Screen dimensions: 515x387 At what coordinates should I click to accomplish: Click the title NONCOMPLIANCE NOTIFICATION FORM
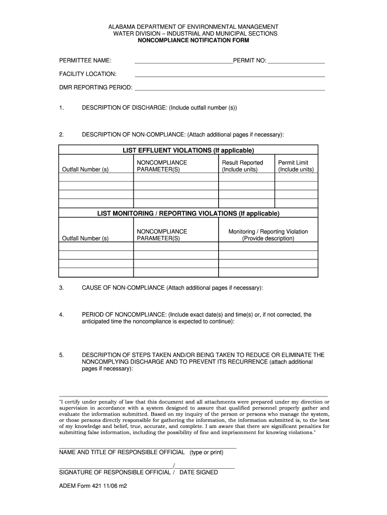click(193, 40)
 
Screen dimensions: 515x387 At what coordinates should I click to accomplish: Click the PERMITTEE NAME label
click(85, 61)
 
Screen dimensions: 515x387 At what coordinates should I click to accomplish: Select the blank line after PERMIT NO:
click(296, 63)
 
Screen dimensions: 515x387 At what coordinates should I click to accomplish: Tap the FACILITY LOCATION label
click(88, 74)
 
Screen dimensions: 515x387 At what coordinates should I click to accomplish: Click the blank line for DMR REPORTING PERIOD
click(229, 89)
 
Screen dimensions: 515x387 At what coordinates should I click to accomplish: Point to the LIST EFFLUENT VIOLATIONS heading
click(188, 150)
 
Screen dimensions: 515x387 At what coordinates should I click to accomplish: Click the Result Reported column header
click(242, 163)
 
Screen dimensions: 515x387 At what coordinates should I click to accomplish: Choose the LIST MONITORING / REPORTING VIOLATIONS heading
click(188, 214)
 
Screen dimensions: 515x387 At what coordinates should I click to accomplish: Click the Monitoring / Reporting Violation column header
click(268, 232)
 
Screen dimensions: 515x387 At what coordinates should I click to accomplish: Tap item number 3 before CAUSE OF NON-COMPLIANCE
click(61, 288)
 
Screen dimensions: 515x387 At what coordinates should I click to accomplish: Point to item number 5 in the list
click(61, 355)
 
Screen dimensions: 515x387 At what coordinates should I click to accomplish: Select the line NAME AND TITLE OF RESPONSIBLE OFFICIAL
click(123, 453)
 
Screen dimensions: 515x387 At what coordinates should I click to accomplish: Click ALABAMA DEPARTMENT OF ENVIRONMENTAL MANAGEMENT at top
click(193, 26)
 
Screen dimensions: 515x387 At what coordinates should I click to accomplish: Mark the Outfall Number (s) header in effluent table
click(85, 169)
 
